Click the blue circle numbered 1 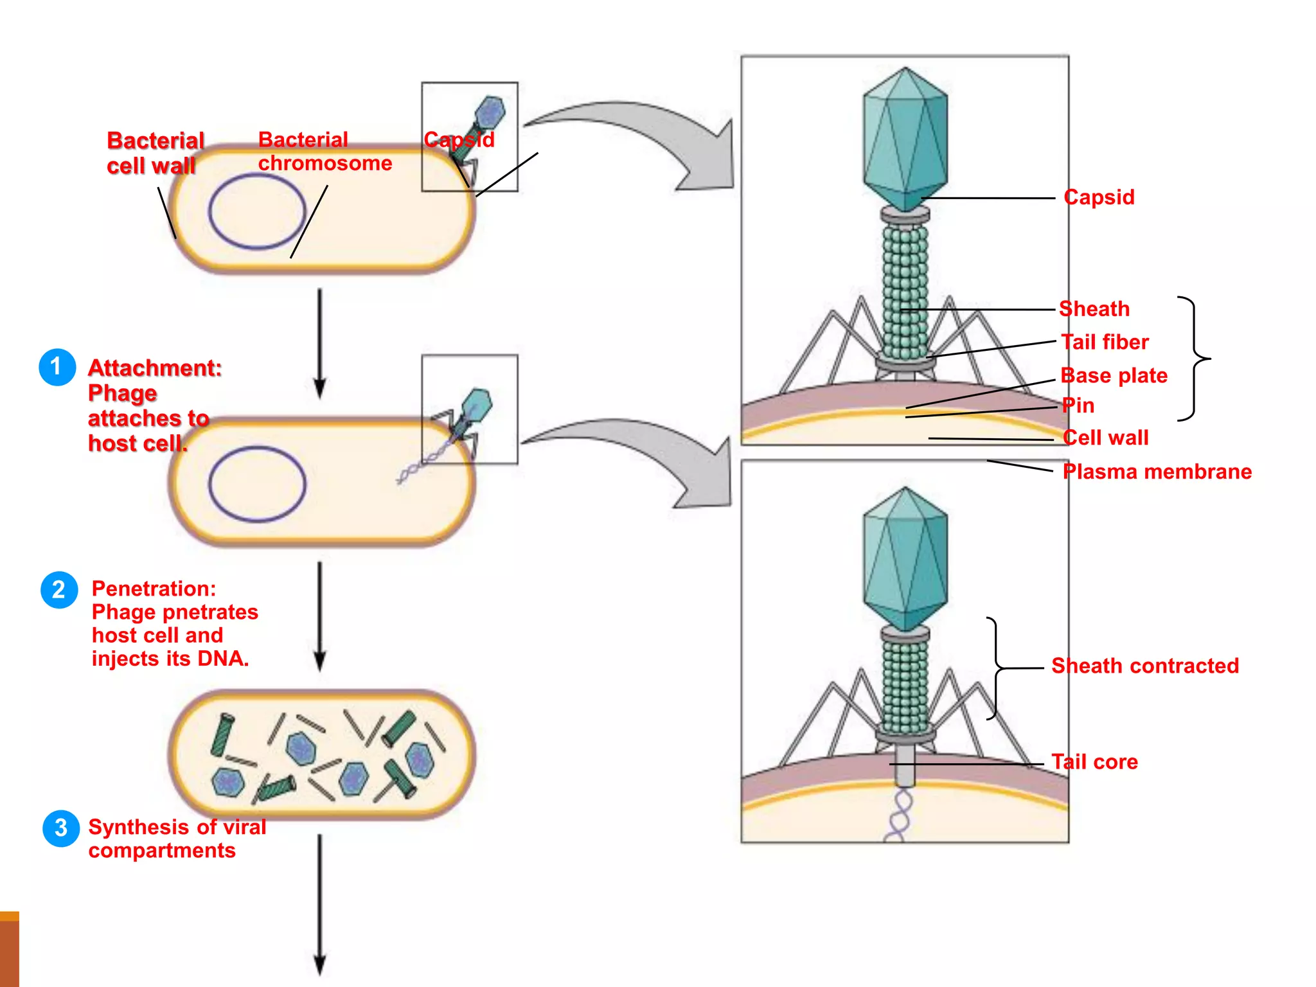[57, 367]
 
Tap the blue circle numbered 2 [59, 589]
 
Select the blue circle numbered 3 [61, 828]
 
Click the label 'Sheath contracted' [1144, 666]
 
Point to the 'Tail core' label [1094, 762]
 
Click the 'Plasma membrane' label [1157, 472]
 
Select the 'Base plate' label [1114, 375]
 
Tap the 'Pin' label [1078, 405]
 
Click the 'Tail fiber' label [1105, 342]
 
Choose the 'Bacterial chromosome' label [325, 152]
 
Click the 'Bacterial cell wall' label [155, 153]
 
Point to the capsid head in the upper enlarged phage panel [905, 138]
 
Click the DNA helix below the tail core [899, 816]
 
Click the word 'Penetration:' [154, 589]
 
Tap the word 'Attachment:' [155, 368]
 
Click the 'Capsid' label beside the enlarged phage [1099, 197]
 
